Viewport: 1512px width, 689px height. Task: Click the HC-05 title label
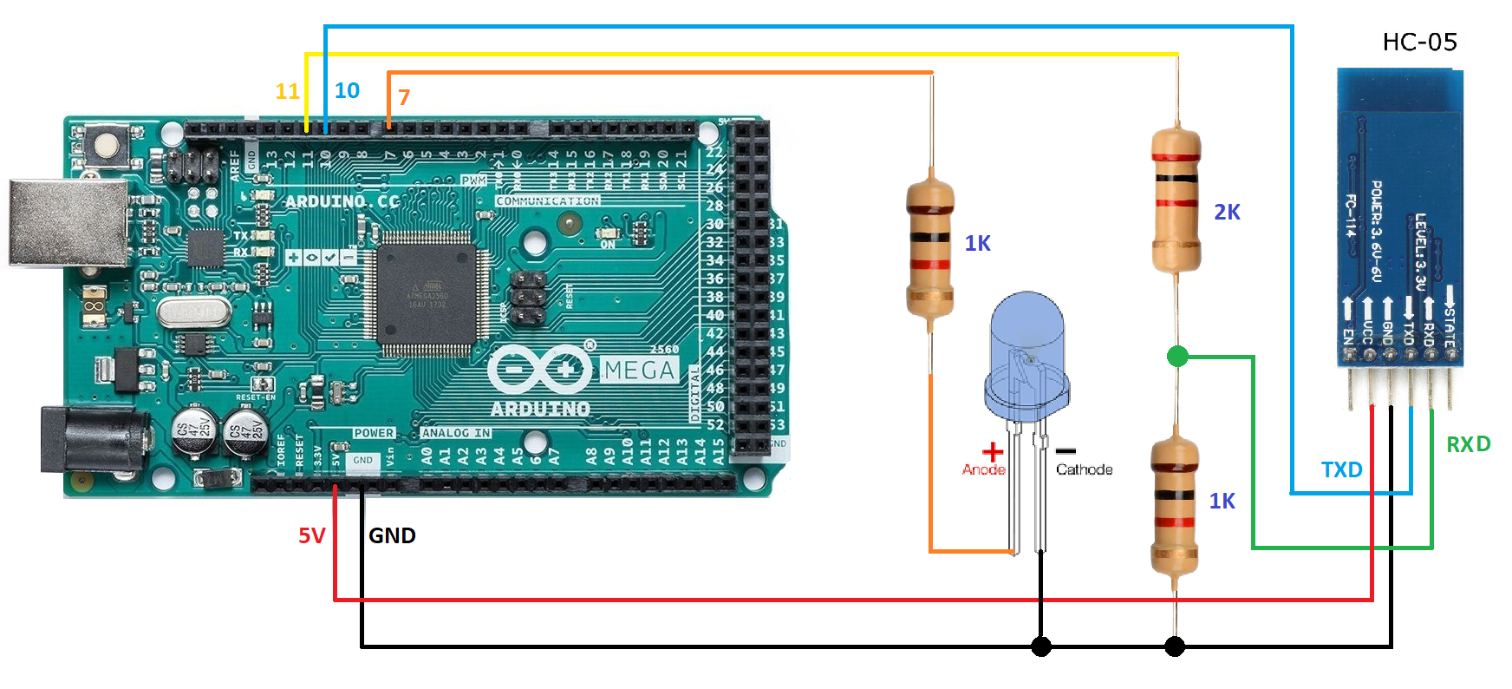tap(1419, 42)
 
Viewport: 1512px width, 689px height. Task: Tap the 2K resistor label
tap(1227, 212)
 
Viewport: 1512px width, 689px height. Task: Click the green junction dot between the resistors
tap(1177, 356)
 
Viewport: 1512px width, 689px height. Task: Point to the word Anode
tap(983, 469)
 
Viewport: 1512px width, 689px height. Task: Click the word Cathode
tap(1084, 469)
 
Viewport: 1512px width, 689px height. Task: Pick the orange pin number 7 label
tap(404, 97)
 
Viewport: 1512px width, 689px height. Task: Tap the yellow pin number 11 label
tap(287, 91)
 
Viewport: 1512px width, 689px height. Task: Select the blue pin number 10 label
tap(347, 90)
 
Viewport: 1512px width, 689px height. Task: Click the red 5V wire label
tap(312, 535)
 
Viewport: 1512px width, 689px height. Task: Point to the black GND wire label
tap(392, 535)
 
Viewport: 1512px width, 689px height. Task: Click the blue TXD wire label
tap(1341, 469)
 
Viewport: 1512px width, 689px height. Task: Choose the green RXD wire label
tap(1468, 444)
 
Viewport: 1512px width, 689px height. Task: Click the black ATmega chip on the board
tap(427, 293)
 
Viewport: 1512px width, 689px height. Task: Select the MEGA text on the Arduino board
tap(639, 371)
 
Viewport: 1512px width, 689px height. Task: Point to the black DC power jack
tap(91, 441)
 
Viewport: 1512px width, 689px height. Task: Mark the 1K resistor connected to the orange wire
tap(930, 247)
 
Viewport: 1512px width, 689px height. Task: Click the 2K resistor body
tap(1176, 201)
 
